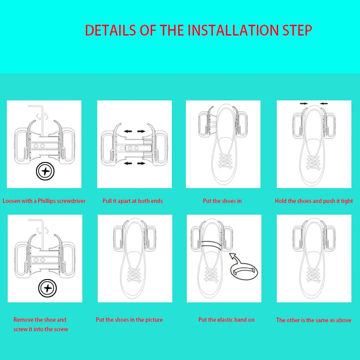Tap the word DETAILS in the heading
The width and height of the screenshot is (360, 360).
coord(110,30)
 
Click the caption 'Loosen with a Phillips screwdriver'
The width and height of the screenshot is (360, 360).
coord(44,201)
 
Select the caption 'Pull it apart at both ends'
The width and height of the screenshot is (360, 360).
coord(133,201)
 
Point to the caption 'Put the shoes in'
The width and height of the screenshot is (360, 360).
coord(222,201)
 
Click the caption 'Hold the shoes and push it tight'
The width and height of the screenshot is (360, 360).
coord(314,201)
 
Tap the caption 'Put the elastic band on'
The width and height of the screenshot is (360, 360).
coord(226,319)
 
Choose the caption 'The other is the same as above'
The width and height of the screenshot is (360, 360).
coord(314,320)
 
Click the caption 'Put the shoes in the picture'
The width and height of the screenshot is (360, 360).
coord(129,319)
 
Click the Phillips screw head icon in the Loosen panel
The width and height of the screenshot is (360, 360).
coord(45,171)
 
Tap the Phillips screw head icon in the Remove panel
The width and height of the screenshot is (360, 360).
coord(48,288)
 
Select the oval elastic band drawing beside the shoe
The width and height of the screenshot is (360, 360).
coord(244,271)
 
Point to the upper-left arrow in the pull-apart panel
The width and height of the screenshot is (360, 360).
coord(128,131)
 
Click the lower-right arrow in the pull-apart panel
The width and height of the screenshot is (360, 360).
coord(141,163)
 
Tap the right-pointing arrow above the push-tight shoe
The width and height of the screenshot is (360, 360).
coord(304,104)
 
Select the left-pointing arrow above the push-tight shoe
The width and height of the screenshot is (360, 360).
coord(324,104)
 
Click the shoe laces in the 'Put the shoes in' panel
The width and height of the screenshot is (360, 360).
coord(225,161)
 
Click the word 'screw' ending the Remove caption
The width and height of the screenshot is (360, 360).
coord(62,329)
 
